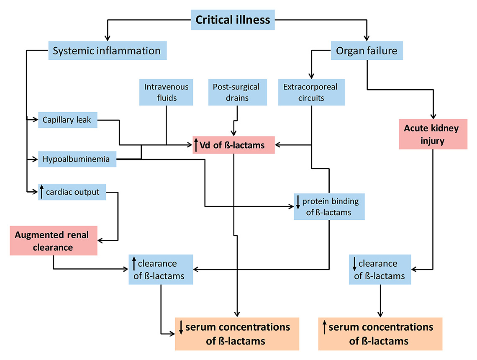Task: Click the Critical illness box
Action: (233, 20)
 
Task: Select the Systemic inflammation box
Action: (107, 51)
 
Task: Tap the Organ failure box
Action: (367, 51)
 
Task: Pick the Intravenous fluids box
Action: (166, 93)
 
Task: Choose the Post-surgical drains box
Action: (236, 93)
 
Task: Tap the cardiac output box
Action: (72, 192)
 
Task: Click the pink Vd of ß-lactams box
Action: (233, 145)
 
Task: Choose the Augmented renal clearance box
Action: (53, 241)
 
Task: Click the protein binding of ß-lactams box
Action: (328, 206)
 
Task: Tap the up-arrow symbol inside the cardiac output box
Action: (42, 192)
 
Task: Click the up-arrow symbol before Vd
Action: (197, 145)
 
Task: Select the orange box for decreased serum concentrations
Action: (236, 334)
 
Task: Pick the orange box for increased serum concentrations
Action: (380, 334)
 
